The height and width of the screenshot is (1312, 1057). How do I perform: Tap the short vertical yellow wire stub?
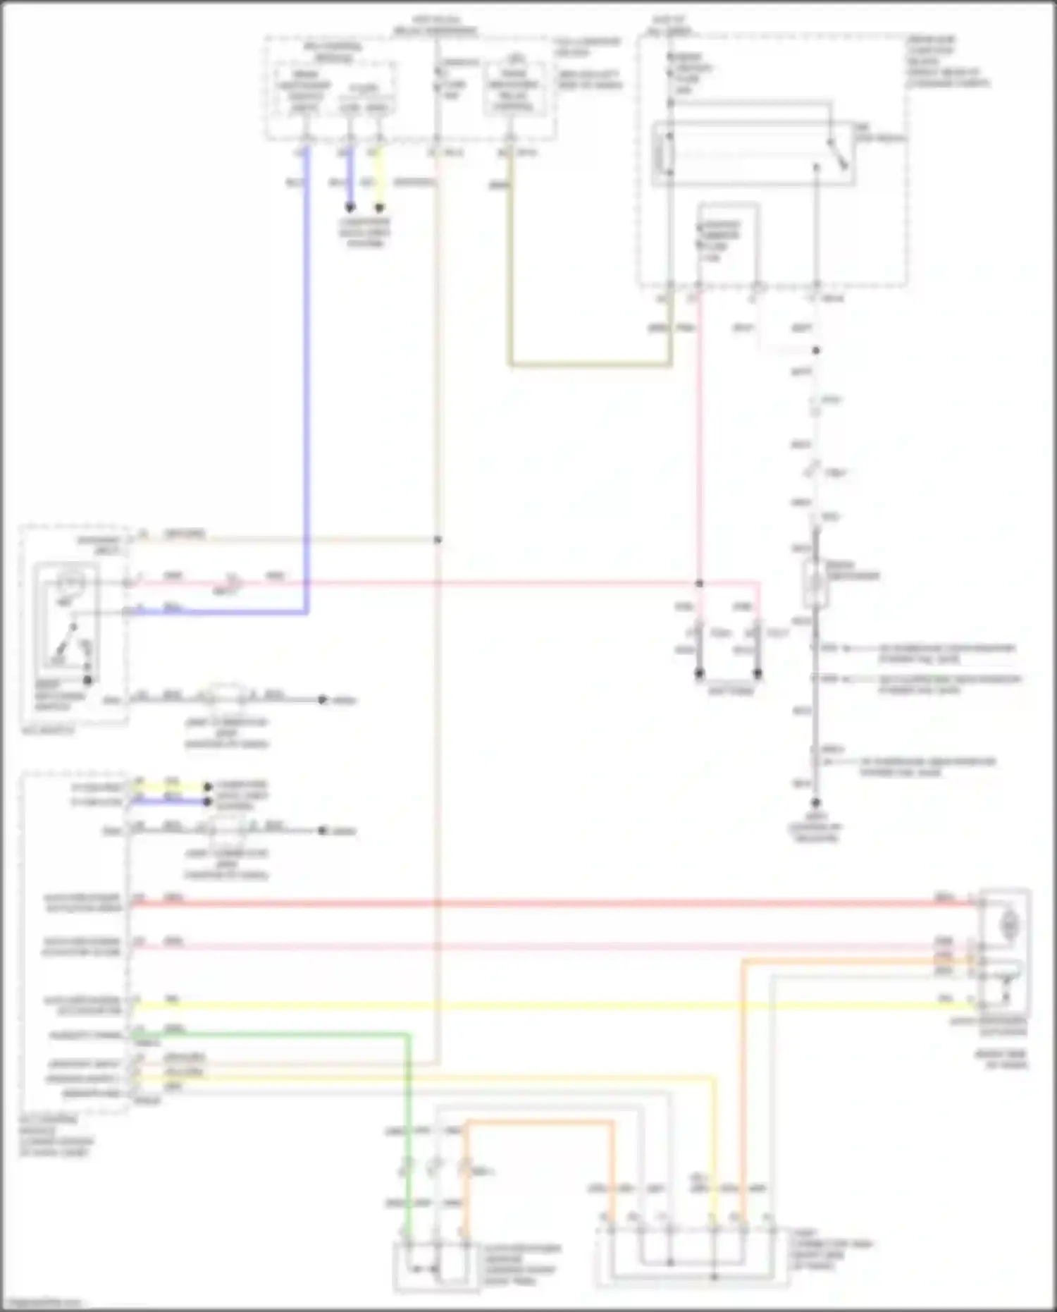[379, 180]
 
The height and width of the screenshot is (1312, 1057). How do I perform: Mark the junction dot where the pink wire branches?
[699, 584]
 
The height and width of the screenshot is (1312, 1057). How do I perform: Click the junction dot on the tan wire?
[438, 540]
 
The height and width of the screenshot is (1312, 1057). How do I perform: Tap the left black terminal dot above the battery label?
[700, 674]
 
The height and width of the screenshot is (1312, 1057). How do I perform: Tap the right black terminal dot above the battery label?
[758, 674]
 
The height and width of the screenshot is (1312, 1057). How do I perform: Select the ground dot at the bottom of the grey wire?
[815, 803]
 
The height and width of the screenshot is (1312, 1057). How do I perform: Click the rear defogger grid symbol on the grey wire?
[815, 582]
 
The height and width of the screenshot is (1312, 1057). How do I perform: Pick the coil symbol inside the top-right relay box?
[663, 154]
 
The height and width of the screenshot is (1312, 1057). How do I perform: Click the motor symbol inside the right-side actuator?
[1010, 924]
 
